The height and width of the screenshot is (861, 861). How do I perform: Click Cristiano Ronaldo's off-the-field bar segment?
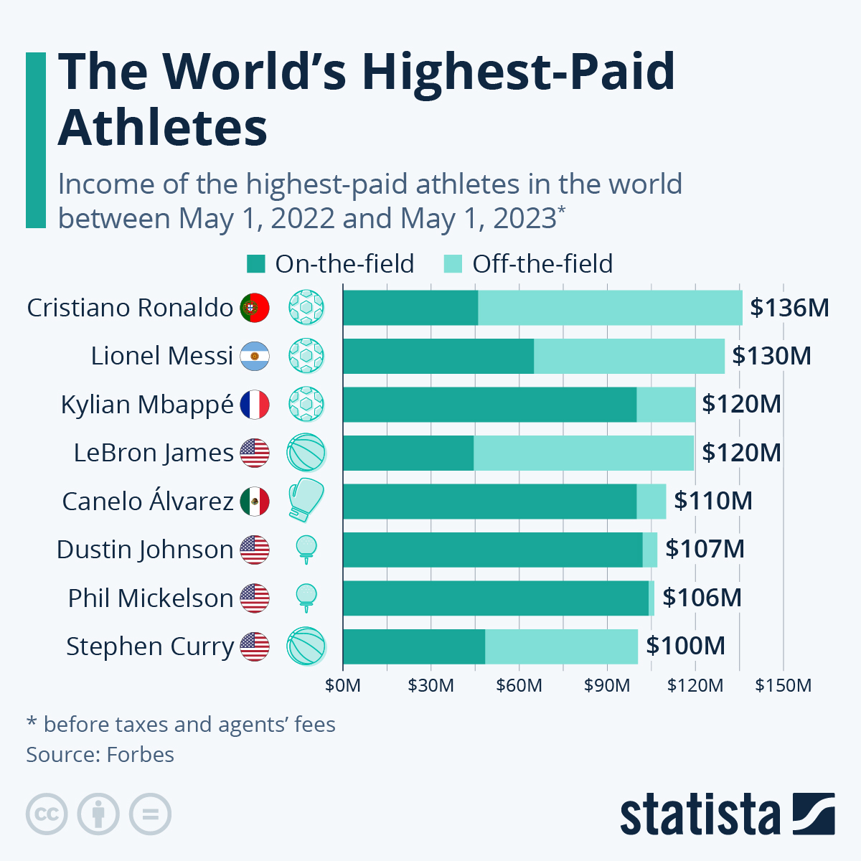pyautogui.click(x=610, y=308)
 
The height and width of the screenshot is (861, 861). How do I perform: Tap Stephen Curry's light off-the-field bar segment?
pyautogui.click(x=561, y=646)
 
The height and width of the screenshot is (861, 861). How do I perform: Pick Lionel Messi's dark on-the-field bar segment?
pyautogui.click(x=438, y=356)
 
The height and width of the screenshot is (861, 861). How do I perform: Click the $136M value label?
pyautogui.click(x=789, y=308)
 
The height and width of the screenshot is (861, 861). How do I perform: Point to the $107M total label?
pyautogui.click(x=705, y=550)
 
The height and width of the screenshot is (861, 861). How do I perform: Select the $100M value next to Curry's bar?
pyautogui.click(x=685, y=646)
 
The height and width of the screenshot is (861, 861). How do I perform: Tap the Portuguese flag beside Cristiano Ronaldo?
pyautogui.click(x=255, y=308)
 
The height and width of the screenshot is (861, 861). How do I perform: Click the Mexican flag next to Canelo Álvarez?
pyautogui.click(x=255, y=502)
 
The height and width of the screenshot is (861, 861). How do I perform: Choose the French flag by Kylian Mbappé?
pyautogui.click(x=255, y=405)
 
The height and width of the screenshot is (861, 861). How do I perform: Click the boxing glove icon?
pyautogui.click(x=306, y=499)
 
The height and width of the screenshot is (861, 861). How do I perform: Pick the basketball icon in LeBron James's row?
pyautogui.click(x=306, y=453)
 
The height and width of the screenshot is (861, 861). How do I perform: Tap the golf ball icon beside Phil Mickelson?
pyautogui.click(x=306, y=597)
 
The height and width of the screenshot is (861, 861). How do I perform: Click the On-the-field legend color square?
pyautogui.click(x=256, y=264)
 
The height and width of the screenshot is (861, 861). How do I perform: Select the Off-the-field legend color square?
pyautogui.click(x=453, y=264)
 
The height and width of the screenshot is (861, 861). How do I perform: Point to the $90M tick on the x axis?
pyautogui.click(x=607, y=686)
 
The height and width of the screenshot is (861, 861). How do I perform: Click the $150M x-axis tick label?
pyautogui.click(x=783, y=686)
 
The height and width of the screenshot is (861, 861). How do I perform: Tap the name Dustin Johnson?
pyautogui.click(x=145, y=550)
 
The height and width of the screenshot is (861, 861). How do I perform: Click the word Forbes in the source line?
pyautogui.click(x=140, y=755)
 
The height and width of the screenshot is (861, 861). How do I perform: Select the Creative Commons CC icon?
pyautogui.click(x=47, y=814)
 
